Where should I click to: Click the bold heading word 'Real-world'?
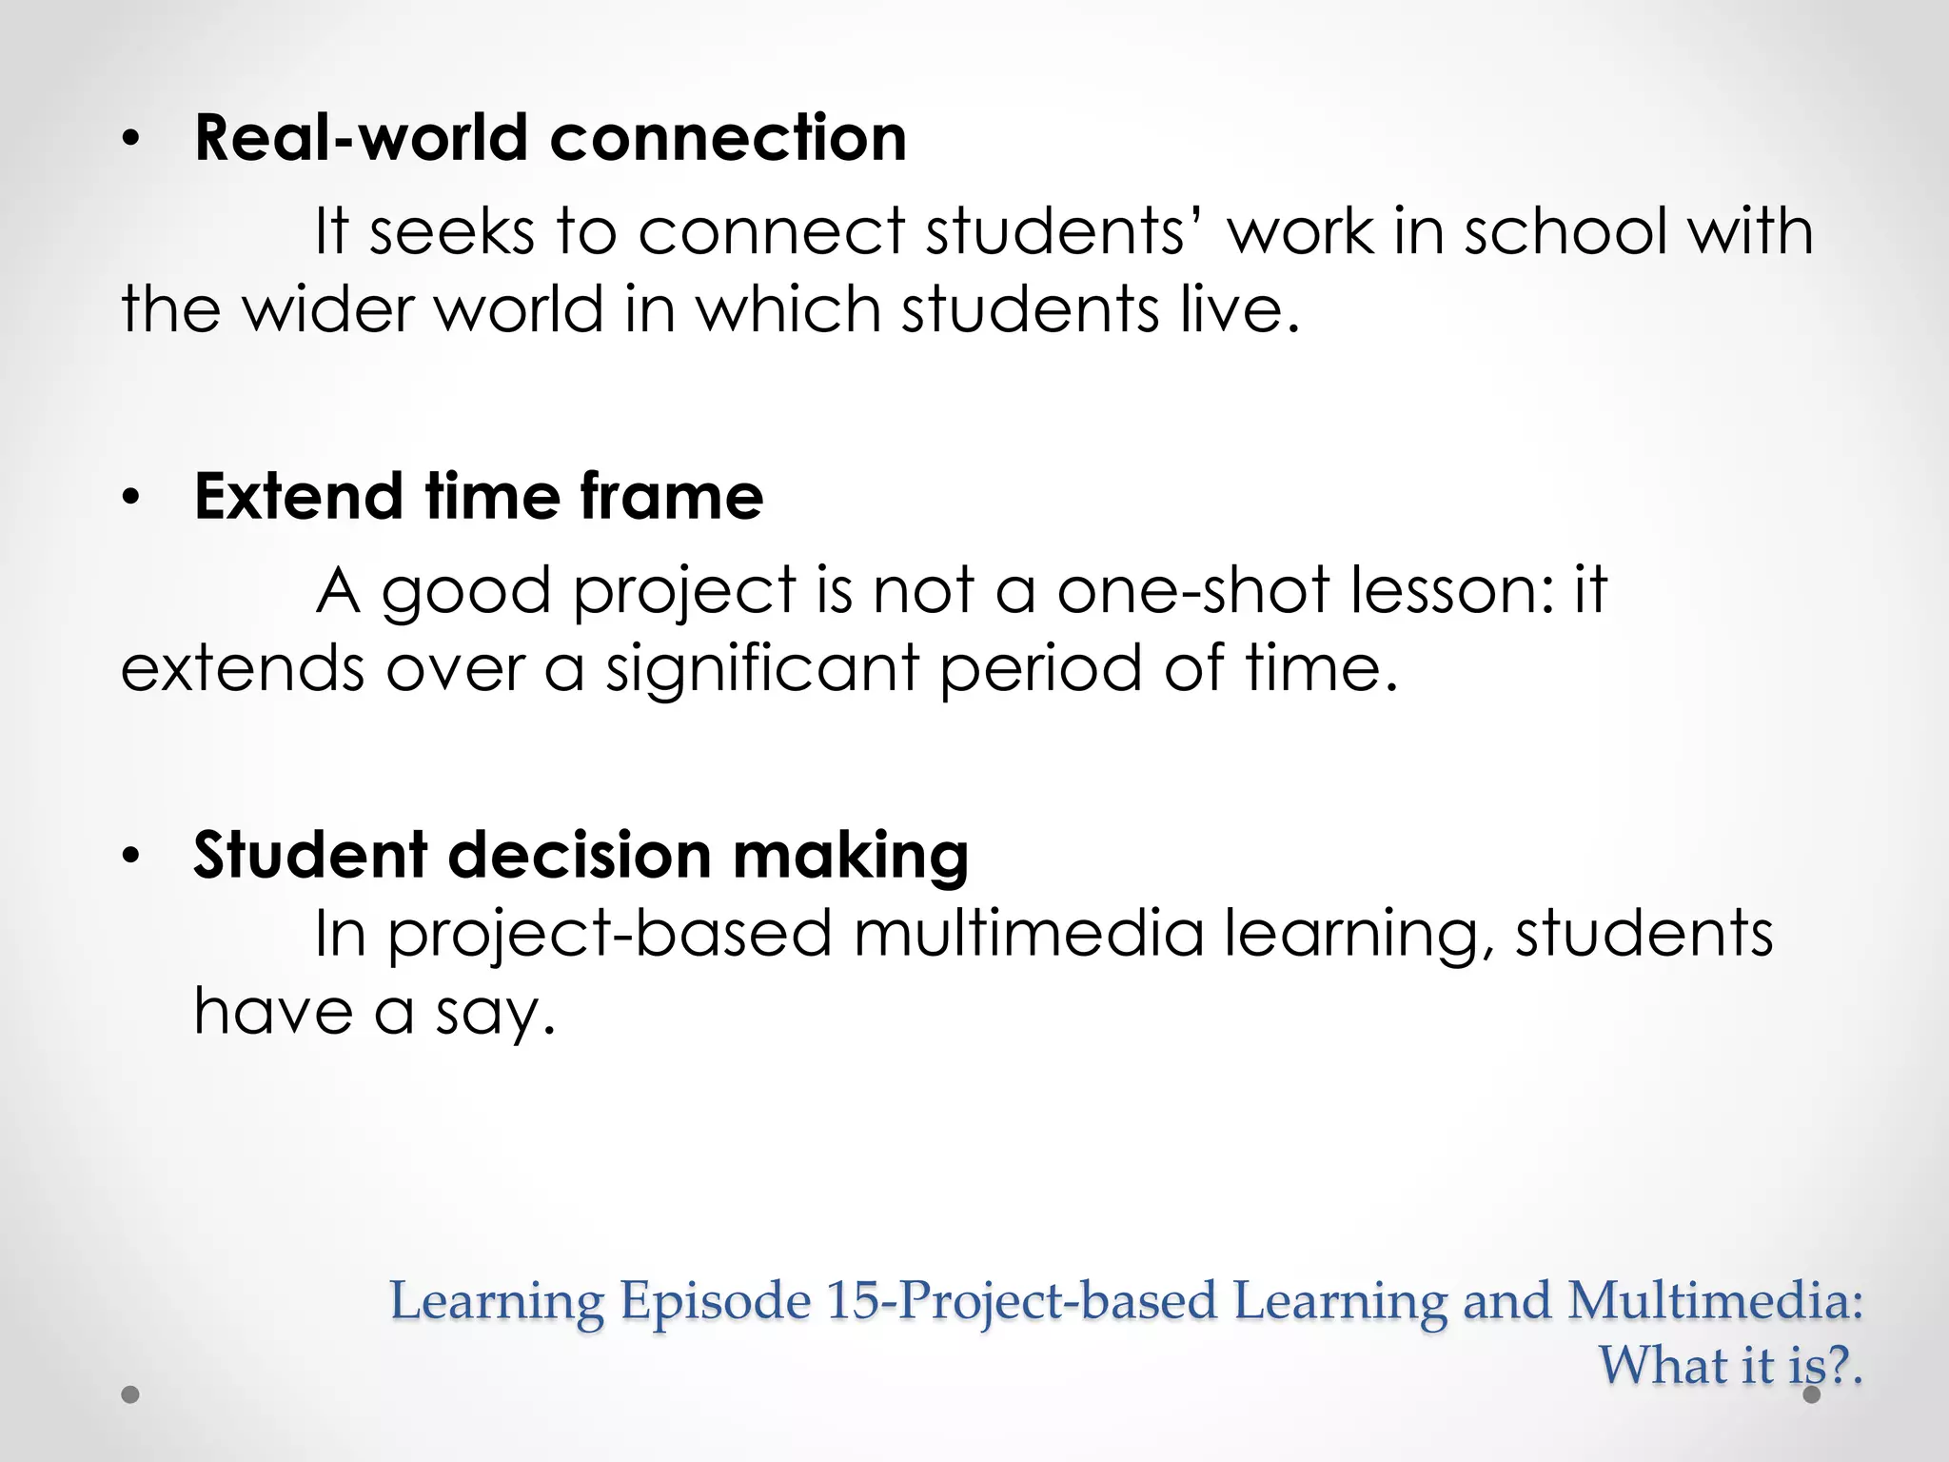tap(360, 138)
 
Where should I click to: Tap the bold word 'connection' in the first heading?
tap(728, 138)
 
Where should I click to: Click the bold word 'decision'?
tap(579, 856)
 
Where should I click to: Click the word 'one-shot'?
tap(1192, 590)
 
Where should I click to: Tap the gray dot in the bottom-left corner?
tap(130, 1394)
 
